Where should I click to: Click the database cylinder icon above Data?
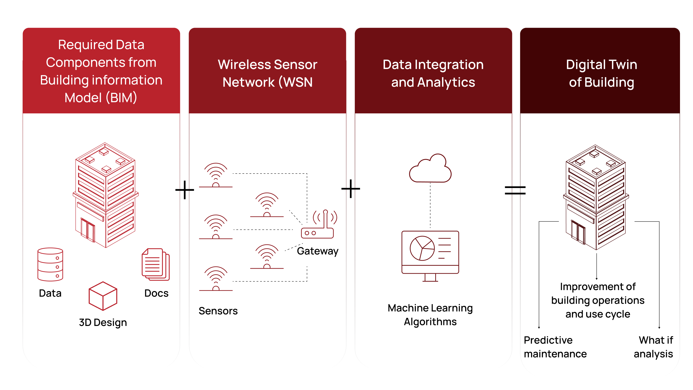[x=50, y=264]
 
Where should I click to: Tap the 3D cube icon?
[x=103, y=296]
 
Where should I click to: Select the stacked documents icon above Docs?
[x=156, y=264]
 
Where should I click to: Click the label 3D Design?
[x=103, y=322]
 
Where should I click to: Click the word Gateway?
[x=318, y=251]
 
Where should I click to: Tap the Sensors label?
[x=218, y=311]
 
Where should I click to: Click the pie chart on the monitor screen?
[x=422, y=248]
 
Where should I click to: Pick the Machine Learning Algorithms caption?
[x=430, y=315]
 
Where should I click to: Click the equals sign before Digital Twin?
[x=515, y=190]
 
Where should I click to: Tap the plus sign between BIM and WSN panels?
[x=185, y=190]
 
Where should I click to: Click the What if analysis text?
[x=654, y=347]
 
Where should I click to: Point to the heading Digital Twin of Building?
[x=602, y=73]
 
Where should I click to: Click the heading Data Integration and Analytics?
[x=433, y=73]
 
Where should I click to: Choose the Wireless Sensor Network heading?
[x=267, y=73]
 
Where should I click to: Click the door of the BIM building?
[x=88, y=230]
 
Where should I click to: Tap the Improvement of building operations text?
[x=598, y=300]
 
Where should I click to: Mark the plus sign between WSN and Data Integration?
[x=351, y=189]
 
